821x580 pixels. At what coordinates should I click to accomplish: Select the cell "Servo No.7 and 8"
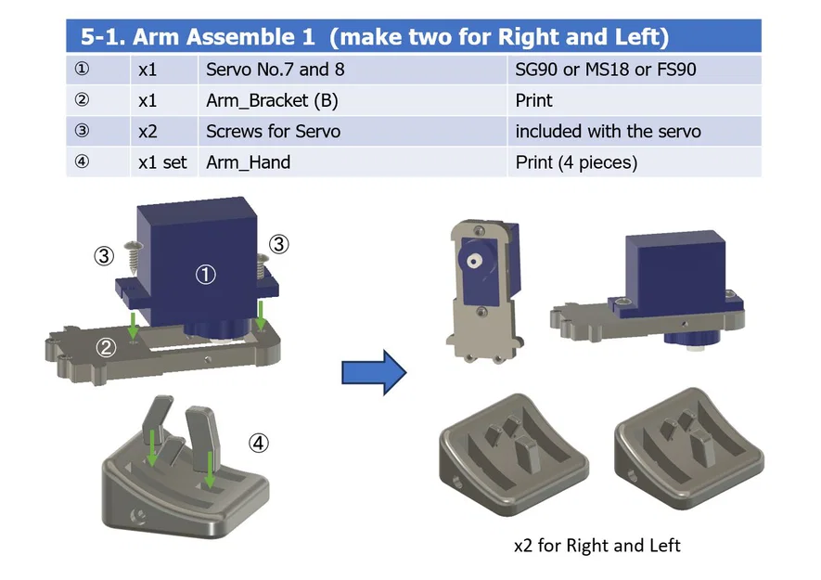(267, 70)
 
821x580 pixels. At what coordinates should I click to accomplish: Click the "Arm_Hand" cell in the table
(248, 162)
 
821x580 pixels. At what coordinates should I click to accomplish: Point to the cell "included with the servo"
(608, 132)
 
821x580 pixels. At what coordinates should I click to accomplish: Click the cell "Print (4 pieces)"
(576, 162)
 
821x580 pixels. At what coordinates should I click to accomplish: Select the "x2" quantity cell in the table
(148, 132)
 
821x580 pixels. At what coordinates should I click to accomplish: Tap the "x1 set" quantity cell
(162, 162)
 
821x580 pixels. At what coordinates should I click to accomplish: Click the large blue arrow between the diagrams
(374, 373)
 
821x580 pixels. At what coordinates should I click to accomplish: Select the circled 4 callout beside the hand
(259, 444)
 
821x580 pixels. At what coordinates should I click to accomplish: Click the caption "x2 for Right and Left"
(597, 546)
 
